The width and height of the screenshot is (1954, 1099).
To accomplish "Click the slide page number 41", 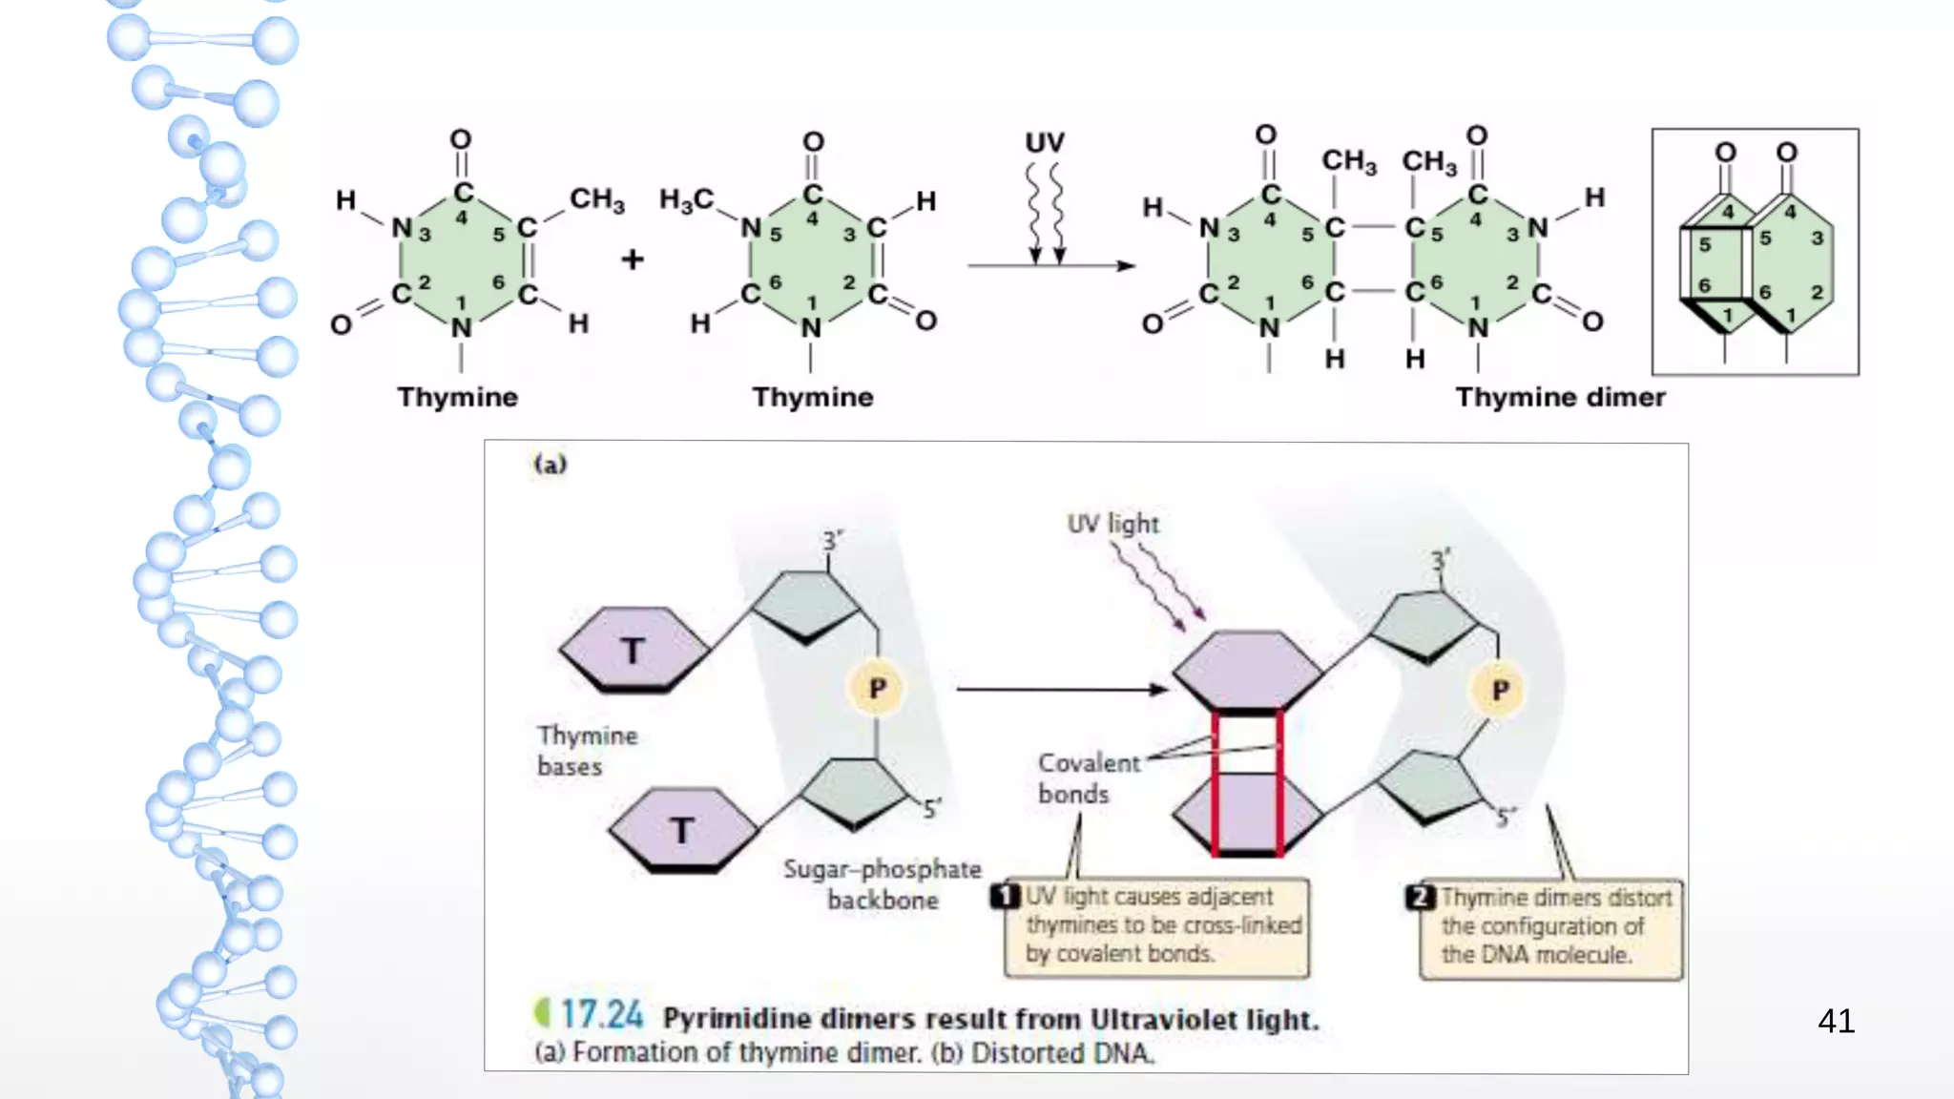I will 1836,1021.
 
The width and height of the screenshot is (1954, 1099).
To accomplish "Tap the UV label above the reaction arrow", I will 1045,143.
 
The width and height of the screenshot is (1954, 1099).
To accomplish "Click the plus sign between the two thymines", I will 632,259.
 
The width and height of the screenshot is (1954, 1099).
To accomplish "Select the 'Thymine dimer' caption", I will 1560,397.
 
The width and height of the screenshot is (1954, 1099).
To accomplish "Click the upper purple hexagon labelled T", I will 634,650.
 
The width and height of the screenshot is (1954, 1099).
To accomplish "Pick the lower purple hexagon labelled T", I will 683,829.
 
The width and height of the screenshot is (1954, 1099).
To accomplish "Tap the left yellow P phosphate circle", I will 877,688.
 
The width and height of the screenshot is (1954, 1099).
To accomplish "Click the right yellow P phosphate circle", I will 1500,690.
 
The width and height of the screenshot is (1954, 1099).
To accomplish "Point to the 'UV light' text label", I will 1112,524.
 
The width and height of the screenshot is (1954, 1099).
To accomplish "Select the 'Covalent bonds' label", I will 1088,778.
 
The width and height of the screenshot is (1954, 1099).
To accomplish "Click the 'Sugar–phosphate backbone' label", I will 883,884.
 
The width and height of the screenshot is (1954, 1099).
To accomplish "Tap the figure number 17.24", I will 601,1015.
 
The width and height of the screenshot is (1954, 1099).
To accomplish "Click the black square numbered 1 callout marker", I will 1005,897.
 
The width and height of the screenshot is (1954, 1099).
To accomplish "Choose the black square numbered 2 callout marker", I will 1420,898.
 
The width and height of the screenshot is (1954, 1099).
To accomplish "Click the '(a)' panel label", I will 551,465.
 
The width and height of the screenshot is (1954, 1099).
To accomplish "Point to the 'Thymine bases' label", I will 586,751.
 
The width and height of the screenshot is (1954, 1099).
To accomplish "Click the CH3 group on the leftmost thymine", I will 597,199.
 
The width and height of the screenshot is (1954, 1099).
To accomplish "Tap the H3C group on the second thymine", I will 686,200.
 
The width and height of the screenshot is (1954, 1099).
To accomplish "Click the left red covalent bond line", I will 1216,782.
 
